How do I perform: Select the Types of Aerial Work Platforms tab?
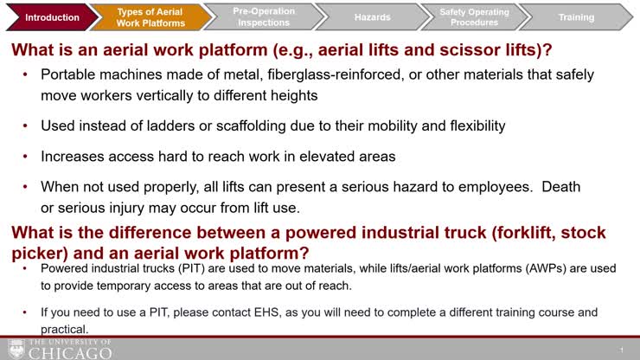click(x=150, y=17)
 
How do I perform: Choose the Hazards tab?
click(x=372, y=17)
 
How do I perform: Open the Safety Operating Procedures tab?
click(x=470, y=17)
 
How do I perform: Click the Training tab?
click(x=576, y=17)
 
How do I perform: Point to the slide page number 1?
click(x=622, y=349)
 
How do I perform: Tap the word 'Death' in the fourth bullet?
click(x=561, y=187)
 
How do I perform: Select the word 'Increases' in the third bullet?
click(x=73, y=157)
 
